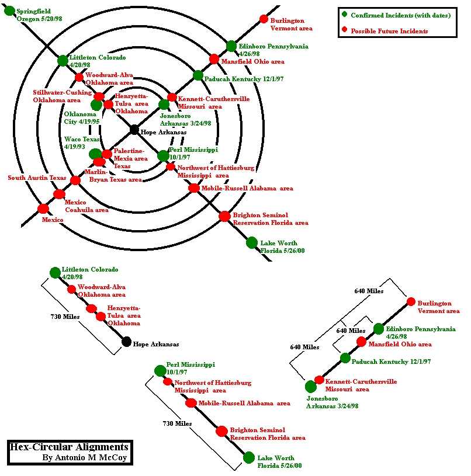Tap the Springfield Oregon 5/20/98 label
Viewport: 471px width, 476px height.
pos(39,15)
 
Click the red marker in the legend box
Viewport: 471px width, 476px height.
pos(345,30)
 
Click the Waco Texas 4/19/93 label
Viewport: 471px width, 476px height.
pos(82,143)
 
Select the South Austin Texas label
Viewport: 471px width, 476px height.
pos(37,178)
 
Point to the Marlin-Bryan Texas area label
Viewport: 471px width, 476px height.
pos(114,176)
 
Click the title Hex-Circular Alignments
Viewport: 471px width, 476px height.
pos(68,447)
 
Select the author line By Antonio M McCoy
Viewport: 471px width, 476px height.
pos(84,457)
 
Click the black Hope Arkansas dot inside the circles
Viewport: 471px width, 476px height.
pos(134,129)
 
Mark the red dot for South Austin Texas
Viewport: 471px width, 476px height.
pos(75,180)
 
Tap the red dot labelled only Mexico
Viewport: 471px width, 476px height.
pos(43,209)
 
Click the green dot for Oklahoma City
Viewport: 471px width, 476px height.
pos(96,105)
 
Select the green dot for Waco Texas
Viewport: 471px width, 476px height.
pos(95,154)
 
